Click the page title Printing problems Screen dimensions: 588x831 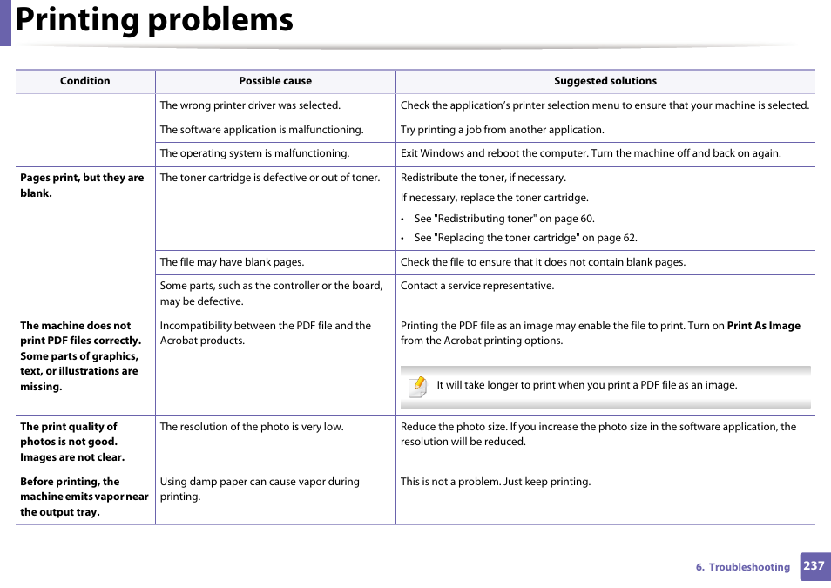pos(154,20)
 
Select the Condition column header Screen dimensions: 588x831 pos(84,81)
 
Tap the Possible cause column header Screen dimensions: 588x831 pos(275,81)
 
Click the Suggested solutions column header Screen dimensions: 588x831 pos(605,81)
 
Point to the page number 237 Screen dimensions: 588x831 pos(814,566)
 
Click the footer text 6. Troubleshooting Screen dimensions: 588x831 pos(742,567)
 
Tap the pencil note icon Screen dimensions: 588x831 pos(418,386)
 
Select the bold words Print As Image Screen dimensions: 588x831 pos(763,326)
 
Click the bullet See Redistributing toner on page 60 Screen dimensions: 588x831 pos(503,219)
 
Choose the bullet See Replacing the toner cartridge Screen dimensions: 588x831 pos(525,238)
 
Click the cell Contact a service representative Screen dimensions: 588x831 pos(476,286)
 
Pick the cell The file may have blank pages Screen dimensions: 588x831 pos(232,262)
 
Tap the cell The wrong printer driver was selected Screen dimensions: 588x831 pos(249,105)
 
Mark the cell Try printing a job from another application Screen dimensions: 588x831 pos(502,130)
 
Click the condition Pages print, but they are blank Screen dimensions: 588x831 pos(82,185)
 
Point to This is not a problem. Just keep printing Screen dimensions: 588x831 pos(495,482)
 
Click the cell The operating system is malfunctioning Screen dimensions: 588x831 pos(254,153)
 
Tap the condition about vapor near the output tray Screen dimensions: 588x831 pos(84,497)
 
